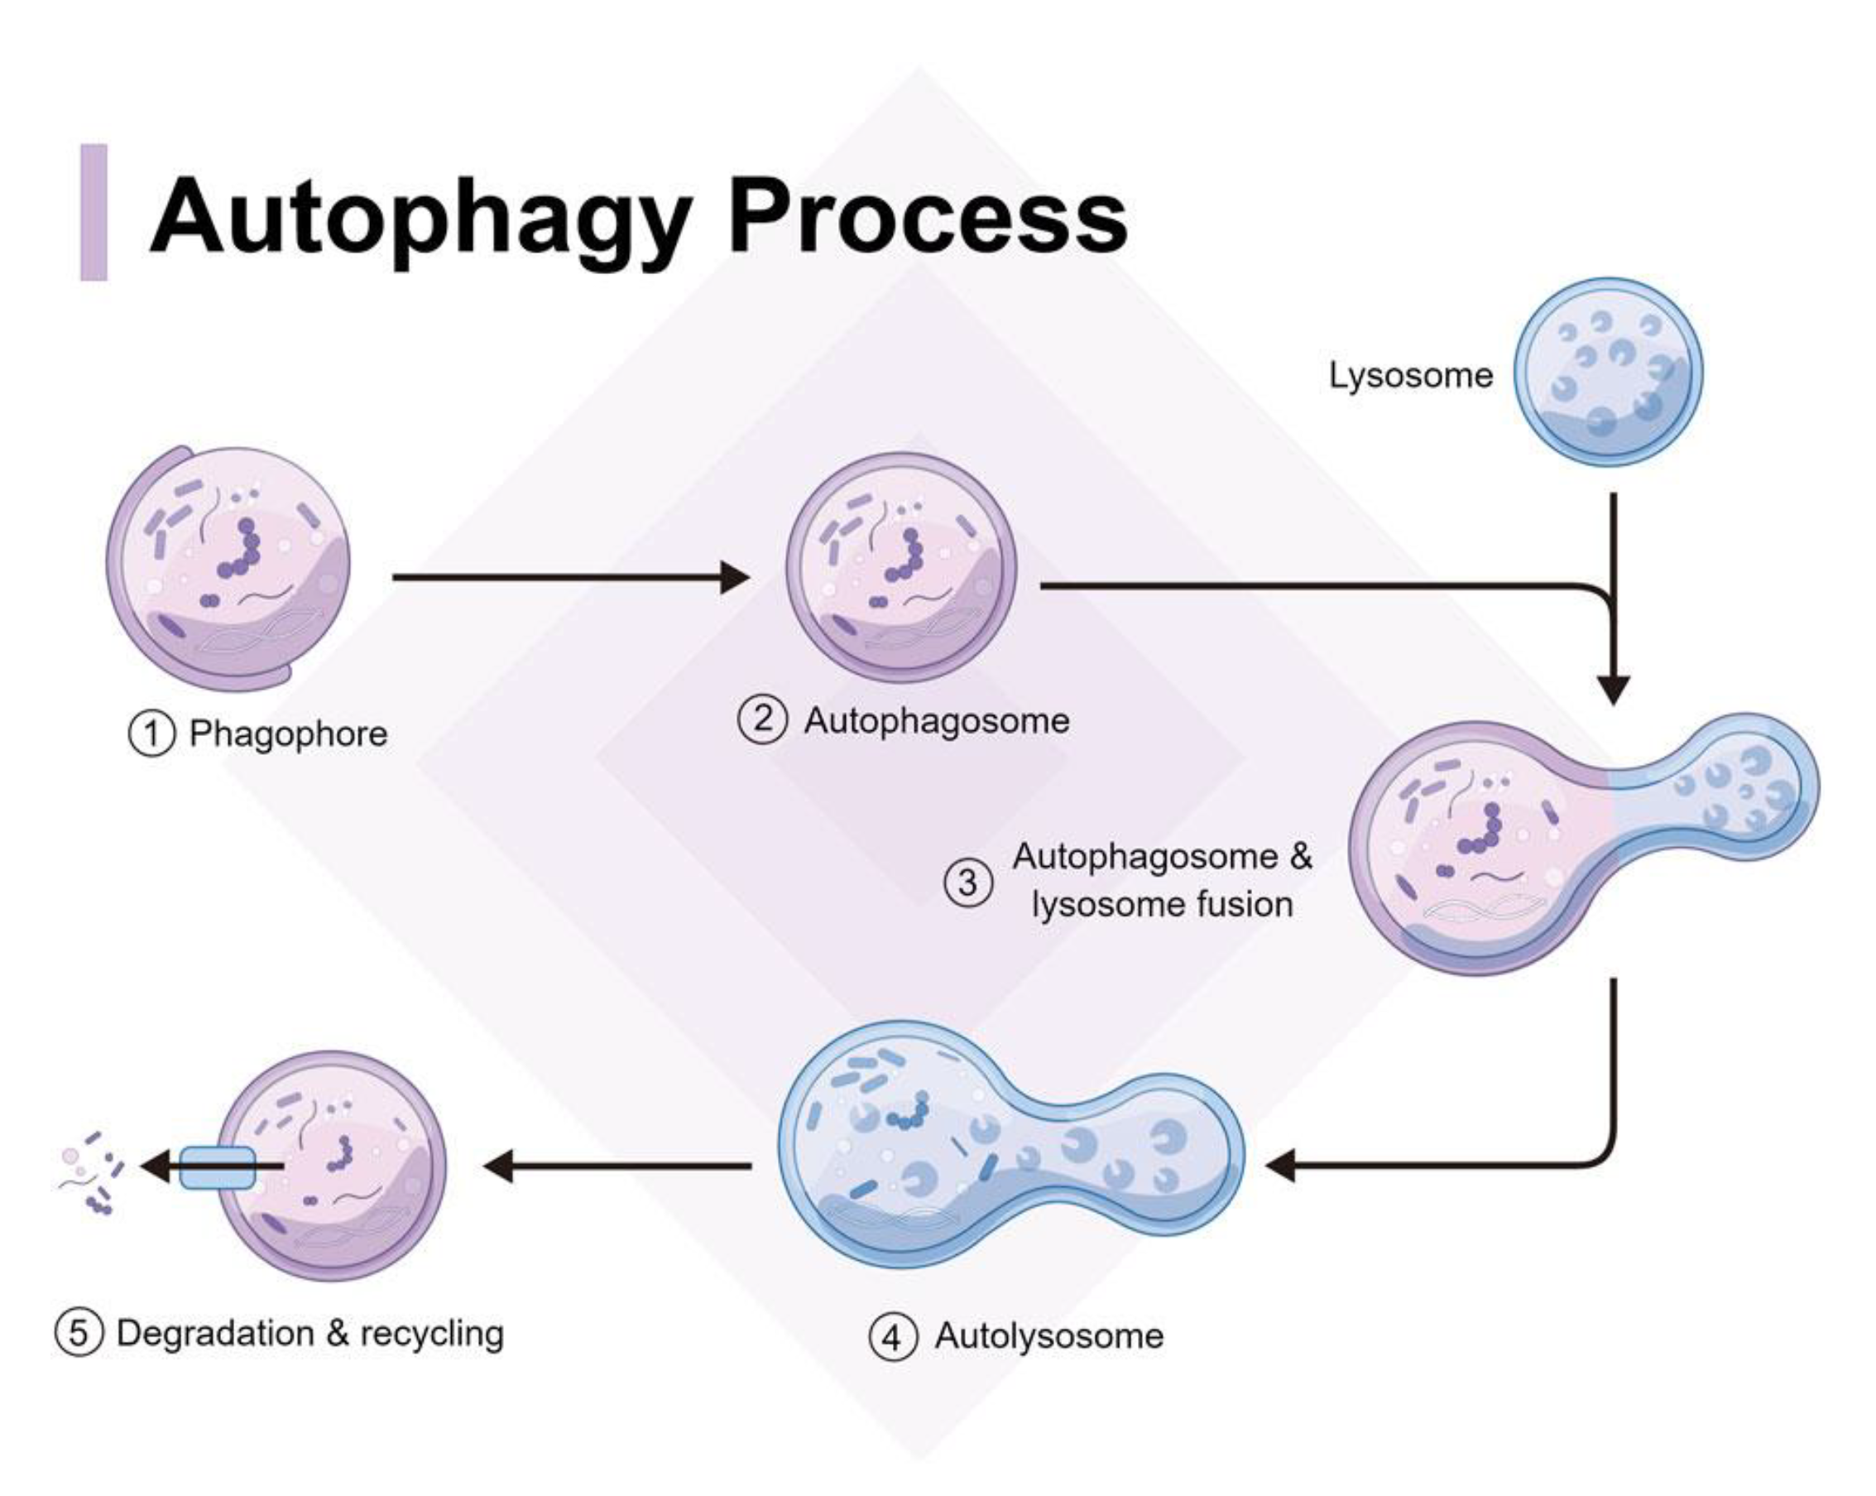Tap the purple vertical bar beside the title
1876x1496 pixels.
(x=94, y=212)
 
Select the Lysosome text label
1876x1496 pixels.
(x=1409, y=376)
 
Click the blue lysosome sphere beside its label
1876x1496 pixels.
(x=1608, y=373)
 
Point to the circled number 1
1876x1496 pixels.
(x=151, y=734)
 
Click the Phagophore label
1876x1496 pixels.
(x=288, y=734)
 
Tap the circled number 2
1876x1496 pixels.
(x=762, y=720)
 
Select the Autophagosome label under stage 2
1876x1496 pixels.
(x=936, y=721)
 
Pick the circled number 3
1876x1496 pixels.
(x=967, y=883)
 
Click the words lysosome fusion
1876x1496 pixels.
(x=1162, y=905)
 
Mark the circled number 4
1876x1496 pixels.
(x=893, y=1337)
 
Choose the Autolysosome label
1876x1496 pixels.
(x=1048, y=1336)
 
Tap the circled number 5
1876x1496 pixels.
(x=79, y=1333)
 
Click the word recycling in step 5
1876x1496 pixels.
(x=432, y=1333)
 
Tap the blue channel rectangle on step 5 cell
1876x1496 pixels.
(x=217, y=1168)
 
